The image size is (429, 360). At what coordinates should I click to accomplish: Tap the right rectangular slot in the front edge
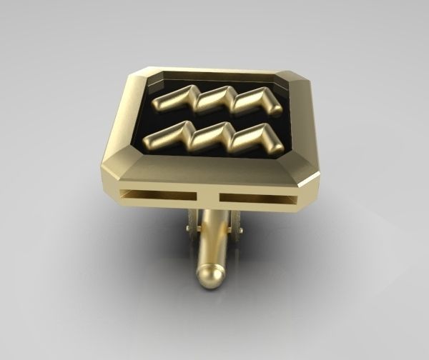tap(257, 196)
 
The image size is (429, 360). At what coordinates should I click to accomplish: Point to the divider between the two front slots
tap(209, 196)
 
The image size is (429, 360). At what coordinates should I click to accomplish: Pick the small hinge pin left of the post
tap(187, 228)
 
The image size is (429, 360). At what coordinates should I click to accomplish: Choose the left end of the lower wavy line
tap(149, 139)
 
